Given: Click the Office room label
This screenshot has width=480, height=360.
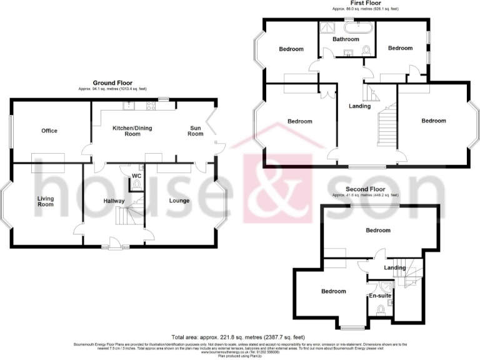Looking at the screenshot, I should pos(49,131).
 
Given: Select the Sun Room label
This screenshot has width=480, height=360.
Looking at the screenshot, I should pos(196,130).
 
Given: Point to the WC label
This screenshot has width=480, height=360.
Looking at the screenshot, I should pos(136,176).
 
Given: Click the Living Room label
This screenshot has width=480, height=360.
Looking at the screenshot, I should pos(45,201).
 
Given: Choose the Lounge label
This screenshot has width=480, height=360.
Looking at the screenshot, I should pos(179,201).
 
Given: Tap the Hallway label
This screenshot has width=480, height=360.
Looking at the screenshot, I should pos(114,201).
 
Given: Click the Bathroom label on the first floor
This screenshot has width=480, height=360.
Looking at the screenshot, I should pos(345,39).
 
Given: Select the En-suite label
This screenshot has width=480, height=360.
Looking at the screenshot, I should pos(379,295).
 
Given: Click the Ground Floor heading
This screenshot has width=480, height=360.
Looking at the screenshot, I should pos(112,82).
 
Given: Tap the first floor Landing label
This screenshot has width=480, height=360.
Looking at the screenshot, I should pos(359,106).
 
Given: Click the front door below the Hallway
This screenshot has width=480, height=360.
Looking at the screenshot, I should pos(113,243).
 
